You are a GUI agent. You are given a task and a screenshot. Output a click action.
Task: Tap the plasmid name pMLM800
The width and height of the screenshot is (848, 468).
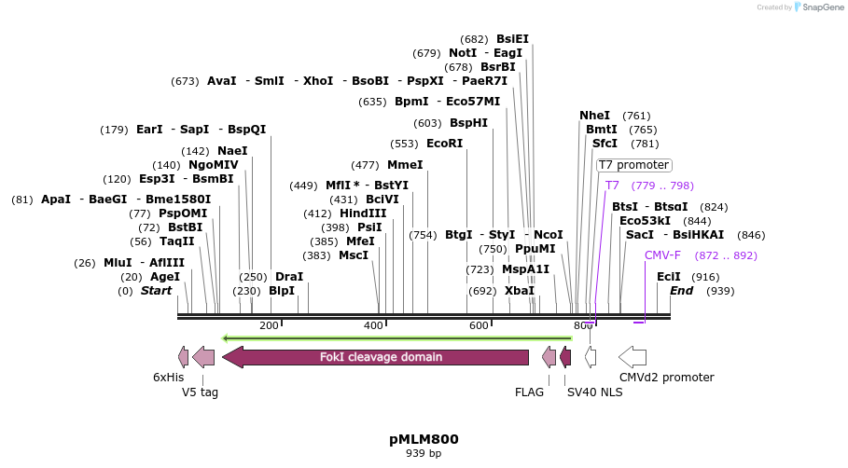coord(424,439)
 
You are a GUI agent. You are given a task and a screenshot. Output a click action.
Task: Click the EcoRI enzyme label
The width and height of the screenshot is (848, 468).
coord(444,144)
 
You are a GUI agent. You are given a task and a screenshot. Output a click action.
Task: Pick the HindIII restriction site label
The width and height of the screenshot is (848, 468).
coord(363,213)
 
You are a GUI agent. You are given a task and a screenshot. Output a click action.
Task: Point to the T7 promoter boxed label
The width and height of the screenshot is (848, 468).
coord(633,165)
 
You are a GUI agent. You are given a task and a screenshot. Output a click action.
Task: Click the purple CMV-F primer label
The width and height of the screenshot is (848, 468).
coord(662,255)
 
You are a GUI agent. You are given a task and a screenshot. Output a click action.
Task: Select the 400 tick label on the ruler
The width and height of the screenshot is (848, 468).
coord(373,325)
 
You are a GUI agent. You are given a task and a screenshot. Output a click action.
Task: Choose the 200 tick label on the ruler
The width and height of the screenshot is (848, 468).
coord(269,325)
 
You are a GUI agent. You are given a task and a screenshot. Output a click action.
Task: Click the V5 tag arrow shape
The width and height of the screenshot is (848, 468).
coord(203,356)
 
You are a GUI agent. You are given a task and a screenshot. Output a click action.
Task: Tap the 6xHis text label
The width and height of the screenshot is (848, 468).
coord(169,378)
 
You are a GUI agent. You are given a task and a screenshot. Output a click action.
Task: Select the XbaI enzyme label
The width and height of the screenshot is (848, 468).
coord(520,291)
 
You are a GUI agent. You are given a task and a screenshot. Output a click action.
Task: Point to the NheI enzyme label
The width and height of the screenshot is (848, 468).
coord(594,116)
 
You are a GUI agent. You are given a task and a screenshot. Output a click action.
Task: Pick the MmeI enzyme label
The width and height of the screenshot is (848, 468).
coord(405,165)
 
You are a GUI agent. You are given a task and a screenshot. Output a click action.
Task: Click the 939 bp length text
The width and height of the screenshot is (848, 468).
coord(424,454)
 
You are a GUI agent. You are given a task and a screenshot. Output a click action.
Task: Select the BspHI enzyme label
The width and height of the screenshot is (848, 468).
coord(468,123)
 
